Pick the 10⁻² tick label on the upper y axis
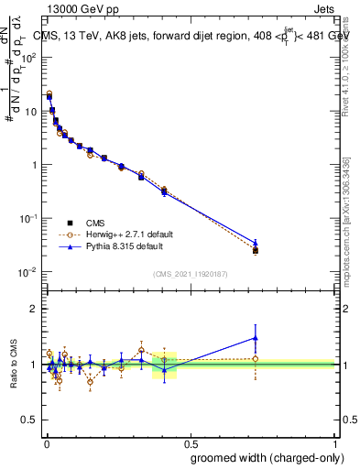pos(28,272)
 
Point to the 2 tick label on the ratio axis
pos(34,309)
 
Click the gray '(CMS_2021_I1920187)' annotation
pos(190,273)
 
